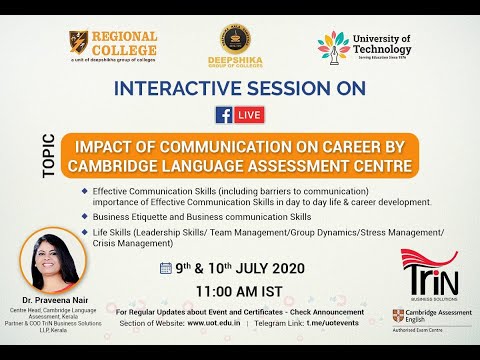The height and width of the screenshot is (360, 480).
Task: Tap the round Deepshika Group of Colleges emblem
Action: coord(240,41)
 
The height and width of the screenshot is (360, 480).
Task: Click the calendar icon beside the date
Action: coord(166,267)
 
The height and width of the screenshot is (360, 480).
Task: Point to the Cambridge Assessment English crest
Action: coord(399,317)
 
